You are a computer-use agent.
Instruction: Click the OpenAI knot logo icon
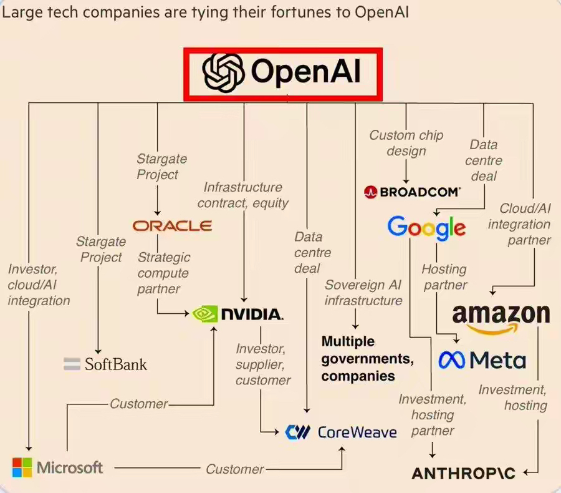pos(223,73)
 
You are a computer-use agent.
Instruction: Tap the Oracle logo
pos(172,226)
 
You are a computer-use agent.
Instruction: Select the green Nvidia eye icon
pos(205,314)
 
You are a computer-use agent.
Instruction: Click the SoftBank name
pos(115,364)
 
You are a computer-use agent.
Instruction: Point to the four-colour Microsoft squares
pos(22,467)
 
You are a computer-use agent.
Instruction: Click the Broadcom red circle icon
pos(370,192)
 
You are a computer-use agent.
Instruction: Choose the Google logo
pos(426,228)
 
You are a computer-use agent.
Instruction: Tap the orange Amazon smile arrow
pos(492,329)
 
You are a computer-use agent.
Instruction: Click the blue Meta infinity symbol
pos(452,360)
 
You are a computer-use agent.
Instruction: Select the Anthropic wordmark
pos(464,473)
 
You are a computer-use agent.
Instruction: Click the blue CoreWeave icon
pos(297,432)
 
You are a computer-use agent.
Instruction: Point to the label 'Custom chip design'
pos(406,143)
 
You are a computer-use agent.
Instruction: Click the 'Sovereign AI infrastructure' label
pos(363,293)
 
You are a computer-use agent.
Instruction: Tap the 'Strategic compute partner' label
pos(164,273)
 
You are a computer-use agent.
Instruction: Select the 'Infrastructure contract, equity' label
pos(242,195)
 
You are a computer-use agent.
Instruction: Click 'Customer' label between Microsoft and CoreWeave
pos(235,469)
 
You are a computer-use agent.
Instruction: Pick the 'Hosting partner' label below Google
pos(444,277)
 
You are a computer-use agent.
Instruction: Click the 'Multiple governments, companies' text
pos(367,359)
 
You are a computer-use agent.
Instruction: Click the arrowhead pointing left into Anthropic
pos(526,472)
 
